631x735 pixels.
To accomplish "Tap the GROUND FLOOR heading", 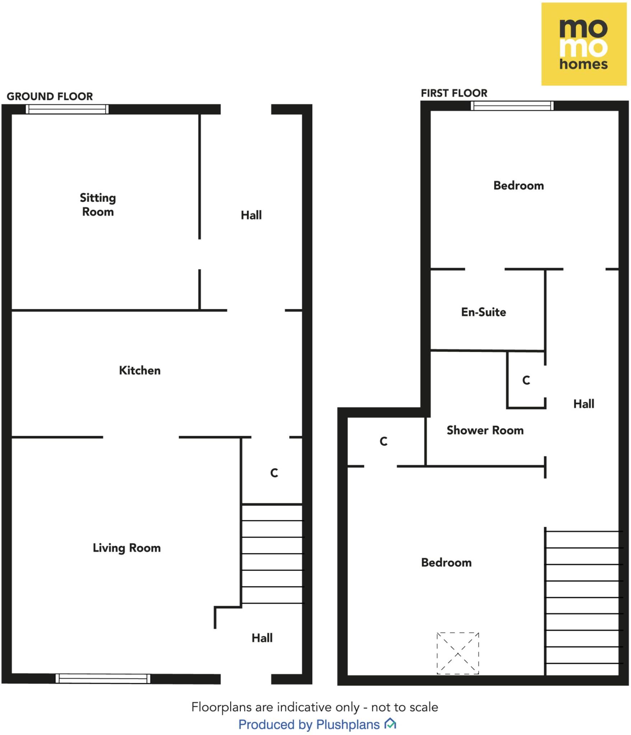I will (x=50, y=96).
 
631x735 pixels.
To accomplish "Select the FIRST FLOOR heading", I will (x=454, y=93).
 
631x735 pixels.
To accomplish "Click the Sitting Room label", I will (x=98, y=205).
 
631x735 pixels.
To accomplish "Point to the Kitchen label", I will (x=140, y=370).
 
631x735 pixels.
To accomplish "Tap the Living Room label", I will (x=126, y=548).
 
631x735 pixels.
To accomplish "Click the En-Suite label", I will (x=483, y=312).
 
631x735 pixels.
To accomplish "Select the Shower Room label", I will (x=485, y=430).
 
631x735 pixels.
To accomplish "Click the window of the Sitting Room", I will (x=67, y=109).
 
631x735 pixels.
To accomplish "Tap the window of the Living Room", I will (x=103, y=678).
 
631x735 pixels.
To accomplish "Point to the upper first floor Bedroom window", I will (x=512, y=106).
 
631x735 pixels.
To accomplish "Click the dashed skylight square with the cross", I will (x=458, y=653).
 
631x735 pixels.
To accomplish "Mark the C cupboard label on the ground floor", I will (x=274, y=473).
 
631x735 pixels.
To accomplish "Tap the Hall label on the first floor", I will (x=583, y=404).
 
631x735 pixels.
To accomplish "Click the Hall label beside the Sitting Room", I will (x=251, y=215).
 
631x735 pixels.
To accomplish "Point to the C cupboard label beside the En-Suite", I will (x=526, y=380).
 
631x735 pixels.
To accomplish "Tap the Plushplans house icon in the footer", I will (x=390, y=724).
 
